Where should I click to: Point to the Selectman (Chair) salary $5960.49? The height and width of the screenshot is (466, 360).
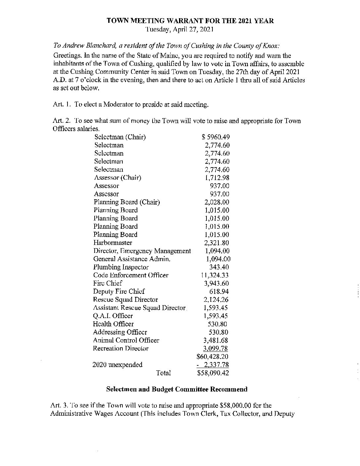pos(216,137)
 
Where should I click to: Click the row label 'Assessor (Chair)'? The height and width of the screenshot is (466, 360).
pos(118,178)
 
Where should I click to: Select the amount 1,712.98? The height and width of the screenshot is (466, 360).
pos(217,178)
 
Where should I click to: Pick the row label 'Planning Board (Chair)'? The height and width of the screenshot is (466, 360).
pos(127,202)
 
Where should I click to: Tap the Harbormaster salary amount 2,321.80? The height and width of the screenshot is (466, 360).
pos(217,243)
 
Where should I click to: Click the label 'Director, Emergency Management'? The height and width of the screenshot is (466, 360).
pos(142,251)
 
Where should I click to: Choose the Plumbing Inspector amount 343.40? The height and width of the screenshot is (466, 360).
pos(219,267)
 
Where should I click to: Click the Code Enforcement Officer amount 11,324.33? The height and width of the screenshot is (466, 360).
pos(215,275)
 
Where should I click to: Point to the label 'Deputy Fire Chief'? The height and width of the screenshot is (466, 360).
pos(119,292)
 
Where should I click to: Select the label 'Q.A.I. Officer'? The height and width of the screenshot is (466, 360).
pos(113,316)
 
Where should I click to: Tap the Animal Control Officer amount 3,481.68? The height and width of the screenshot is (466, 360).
pos(216,340)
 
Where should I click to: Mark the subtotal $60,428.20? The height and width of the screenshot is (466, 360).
pos(212,357)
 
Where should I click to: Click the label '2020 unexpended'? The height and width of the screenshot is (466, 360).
pos(117,365)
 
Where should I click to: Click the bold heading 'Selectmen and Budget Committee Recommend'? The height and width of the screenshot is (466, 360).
pos(177,389)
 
